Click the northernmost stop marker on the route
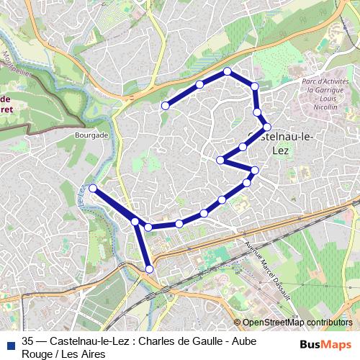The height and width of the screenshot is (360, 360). point(227,71)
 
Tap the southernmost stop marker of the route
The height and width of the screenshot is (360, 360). point(150,269)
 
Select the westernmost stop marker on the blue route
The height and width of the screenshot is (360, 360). point(93,188)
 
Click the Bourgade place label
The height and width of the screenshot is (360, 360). point(91,135)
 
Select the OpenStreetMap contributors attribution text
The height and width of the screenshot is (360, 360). point(297,323)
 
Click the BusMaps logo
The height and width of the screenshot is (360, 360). point(325,344)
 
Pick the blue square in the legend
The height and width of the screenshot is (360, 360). point(9,343)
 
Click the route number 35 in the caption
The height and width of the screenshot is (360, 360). point(28,341)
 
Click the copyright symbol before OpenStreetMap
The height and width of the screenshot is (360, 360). point(238,323)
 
